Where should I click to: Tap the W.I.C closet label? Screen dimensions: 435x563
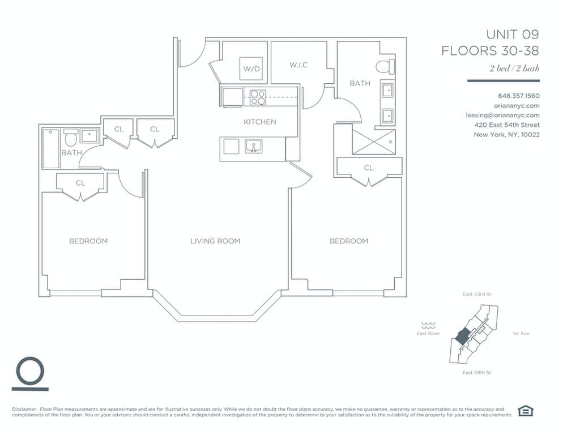point(298,65)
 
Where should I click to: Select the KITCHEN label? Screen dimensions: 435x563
point(260,122)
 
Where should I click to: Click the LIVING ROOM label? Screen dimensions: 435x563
point(215,241)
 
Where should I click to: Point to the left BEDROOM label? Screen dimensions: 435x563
point(88,241)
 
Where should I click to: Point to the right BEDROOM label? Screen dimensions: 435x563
point(349,241)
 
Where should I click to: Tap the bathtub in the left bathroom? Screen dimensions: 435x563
point(51,149)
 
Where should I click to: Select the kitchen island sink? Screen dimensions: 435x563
point(253,147)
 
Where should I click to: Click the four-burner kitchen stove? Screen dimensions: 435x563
point(258,97)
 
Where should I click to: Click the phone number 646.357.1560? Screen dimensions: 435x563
point(518,96)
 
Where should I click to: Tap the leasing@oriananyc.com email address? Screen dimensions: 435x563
point(502,115)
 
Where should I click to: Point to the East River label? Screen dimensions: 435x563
point(428,334)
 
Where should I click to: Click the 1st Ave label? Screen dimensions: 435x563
point(521,334)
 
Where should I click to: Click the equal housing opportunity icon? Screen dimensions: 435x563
point(526,411)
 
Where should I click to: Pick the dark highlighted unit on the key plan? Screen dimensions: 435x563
point(461,338)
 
